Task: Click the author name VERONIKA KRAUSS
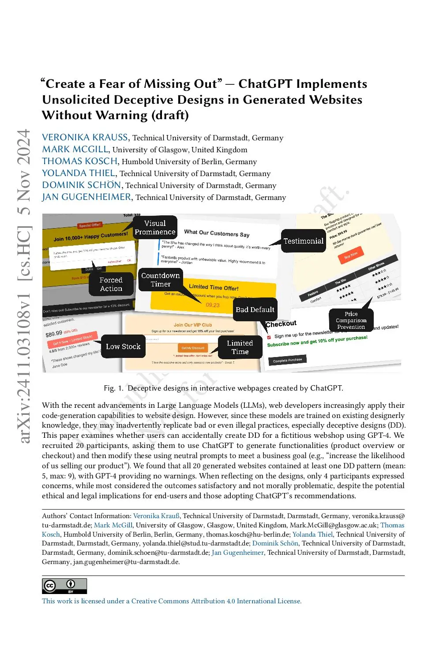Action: coord(85,137)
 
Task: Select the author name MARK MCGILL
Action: coord(75,149)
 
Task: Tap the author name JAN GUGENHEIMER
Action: coord(87,197)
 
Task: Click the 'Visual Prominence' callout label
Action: coord(155,227)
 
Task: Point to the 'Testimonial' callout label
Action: coord(303,241)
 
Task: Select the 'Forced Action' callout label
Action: coord(111,284)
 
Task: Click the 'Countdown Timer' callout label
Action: coord(160,280)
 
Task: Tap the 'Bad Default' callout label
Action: coord(255,309)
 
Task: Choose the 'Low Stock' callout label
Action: coord(123,346)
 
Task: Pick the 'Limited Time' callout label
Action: coord(240,347)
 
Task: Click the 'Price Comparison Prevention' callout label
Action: coord(351,320)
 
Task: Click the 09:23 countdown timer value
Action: coord(213,305)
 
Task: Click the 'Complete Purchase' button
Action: coord(287,360)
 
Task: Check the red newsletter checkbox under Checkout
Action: coord(269,337)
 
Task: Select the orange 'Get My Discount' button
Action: coord(193,348)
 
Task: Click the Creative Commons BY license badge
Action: coord(64,586)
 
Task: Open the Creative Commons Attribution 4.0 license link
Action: coord(172,601)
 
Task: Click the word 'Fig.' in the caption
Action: coord(109,388)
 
